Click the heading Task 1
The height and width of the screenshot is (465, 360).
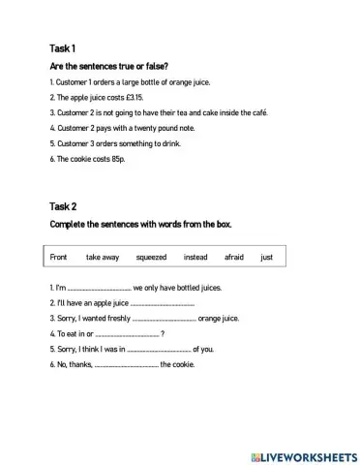point(62,48)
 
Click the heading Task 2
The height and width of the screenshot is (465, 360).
point(63,206)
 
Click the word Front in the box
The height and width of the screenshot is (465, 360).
point(58,258)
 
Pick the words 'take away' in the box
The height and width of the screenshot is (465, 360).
point(103,258)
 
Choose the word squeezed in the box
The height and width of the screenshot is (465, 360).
point(151,258)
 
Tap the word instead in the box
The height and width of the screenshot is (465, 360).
point(195,258)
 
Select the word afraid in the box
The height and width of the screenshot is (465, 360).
point(234,258)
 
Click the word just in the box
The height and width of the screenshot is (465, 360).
point(267,258)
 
